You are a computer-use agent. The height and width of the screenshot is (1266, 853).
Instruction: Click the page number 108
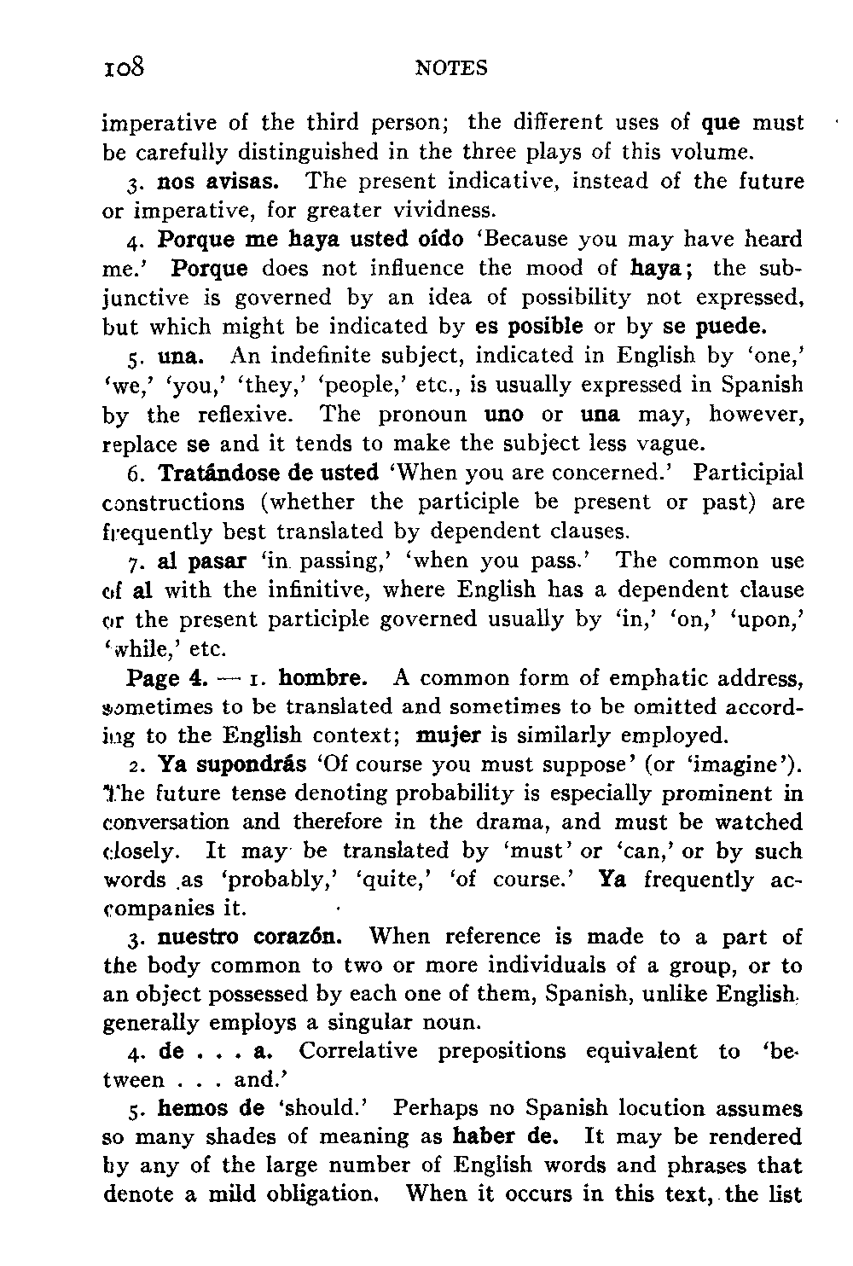(x=125, y=67)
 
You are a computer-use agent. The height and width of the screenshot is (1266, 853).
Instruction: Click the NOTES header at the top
(x=451, y=68)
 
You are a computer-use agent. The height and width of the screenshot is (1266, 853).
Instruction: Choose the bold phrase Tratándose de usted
(x=269, y=473)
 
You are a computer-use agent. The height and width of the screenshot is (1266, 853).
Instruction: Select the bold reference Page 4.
(x=167, y=679)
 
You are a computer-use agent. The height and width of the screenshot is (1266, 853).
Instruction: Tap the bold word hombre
(x=323, y=679)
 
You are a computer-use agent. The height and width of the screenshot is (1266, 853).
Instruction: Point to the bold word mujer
(x=449, y=735)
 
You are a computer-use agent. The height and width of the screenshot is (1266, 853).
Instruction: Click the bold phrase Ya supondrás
(x=232, y=764)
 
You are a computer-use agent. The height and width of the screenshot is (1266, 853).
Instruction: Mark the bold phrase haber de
(x=506, y=1137)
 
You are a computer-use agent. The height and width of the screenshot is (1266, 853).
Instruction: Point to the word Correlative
(x=358, y=1051)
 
